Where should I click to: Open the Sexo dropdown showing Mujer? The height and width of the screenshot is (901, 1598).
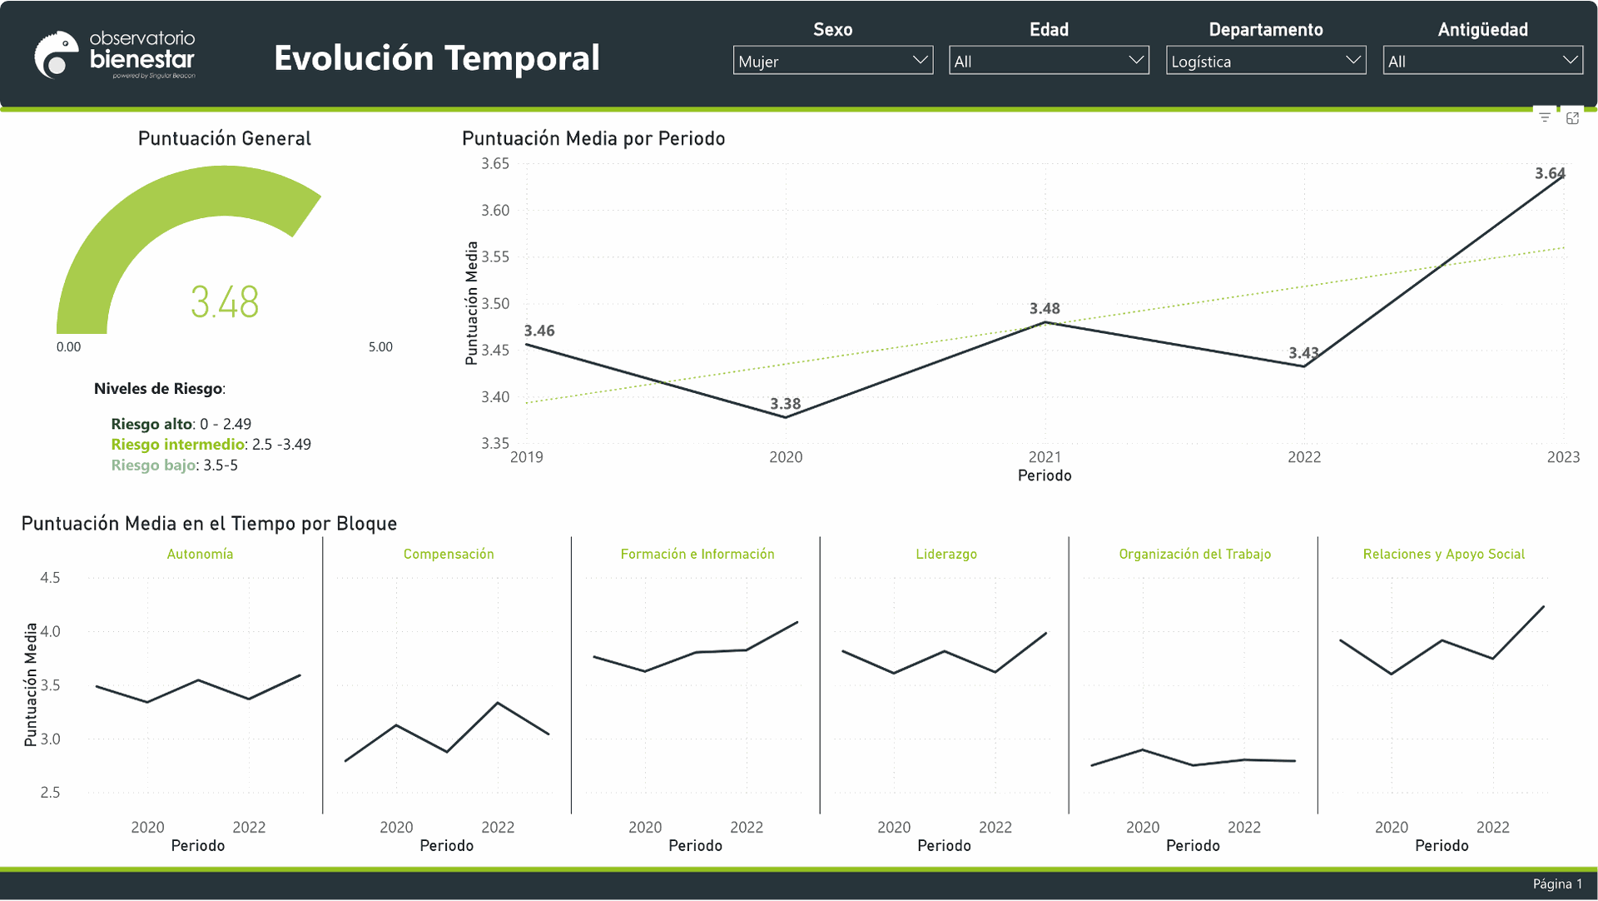point(832,61)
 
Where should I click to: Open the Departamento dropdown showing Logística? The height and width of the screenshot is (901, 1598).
point(1265,61)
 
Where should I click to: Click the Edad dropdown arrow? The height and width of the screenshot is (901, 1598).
point(1136,60)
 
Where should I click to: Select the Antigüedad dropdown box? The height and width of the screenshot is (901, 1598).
point(1482,61)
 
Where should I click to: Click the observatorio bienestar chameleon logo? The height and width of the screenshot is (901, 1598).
point(57,55)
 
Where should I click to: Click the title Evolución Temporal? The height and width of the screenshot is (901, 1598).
point(437,58)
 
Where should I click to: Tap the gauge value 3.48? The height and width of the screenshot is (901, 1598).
point(225,301)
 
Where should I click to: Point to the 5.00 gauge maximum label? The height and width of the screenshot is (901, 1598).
point(380,347)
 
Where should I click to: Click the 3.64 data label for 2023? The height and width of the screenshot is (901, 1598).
point(1550,173)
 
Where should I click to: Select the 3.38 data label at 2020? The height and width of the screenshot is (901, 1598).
point(785,404)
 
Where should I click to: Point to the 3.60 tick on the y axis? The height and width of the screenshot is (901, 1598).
point(495,211)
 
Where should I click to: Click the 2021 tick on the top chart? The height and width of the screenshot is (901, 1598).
point(1045,457)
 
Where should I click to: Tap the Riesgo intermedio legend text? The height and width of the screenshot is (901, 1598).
point(178,445)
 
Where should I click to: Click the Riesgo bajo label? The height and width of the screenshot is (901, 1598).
point(153,465)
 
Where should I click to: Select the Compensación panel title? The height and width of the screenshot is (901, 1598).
point(449,555)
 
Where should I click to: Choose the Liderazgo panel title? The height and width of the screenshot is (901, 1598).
point(946,555)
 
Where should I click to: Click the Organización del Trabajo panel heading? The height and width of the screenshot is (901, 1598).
point(1194,555)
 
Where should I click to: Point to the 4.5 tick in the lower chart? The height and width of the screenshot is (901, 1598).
point(50,578)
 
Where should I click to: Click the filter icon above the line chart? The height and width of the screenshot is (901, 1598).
point(1545,118)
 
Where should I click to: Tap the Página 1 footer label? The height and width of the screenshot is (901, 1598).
point(1557,884)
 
